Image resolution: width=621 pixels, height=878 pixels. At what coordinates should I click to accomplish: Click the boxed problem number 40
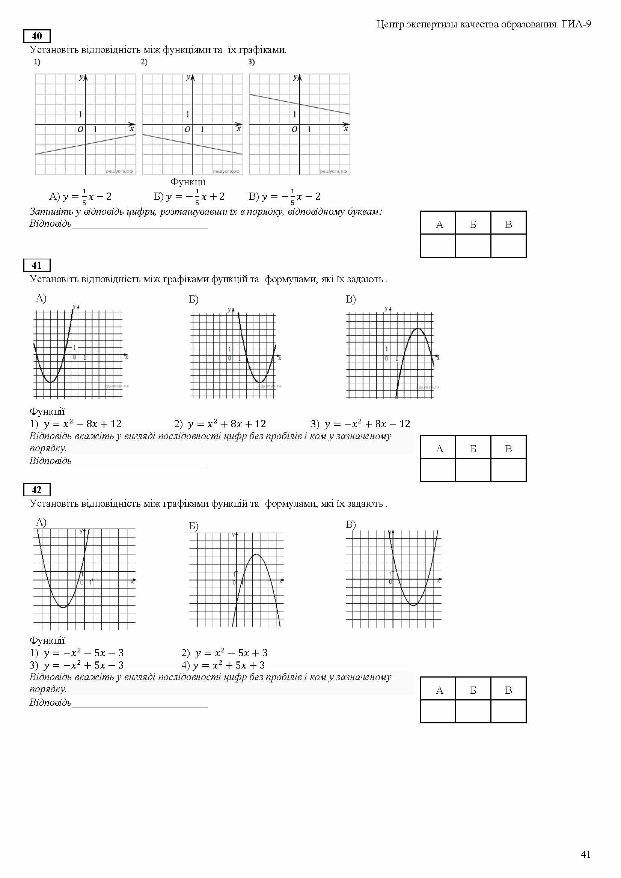coord(37,36)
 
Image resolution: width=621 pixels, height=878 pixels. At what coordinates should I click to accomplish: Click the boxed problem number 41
coord(37,265)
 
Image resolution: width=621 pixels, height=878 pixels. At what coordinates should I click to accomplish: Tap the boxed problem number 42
coord(37,490)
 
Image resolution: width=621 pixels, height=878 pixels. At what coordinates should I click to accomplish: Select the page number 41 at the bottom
coord(585,854)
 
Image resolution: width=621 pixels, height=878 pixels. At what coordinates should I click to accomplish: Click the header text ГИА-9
coord(576,24)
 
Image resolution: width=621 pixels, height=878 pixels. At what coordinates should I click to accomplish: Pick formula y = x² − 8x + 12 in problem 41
coord(82,424)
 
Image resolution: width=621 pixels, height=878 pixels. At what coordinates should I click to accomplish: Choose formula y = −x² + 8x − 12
coord(367,424)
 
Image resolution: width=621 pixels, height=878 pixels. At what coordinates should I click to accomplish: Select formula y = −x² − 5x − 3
coord(83,653)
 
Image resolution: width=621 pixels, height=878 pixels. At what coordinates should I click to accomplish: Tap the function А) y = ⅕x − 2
coord(81,197)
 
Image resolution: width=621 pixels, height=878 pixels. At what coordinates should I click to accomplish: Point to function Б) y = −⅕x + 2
coord(190,197)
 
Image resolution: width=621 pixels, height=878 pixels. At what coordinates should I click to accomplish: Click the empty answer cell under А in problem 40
coord(438,245)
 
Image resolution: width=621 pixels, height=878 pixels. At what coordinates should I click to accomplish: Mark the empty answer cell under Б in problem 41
coord(473,470)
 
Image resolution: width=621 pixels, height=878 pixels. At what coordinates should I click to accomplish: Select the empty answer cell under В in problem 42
coord(508,711)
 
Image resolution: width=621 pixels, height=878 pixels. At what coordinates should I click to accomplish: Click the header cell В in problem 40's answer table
coord(508,224)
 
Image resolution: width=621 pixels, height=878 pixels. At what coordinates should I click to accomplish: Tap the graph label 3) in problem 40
coord(251,62)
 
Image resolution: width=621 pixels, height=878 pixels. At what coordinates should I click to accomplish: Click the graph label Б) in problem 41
coord(194,300)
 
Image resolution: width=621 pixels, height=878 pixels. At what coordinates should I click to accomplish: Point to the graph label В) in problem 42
coord(351,524)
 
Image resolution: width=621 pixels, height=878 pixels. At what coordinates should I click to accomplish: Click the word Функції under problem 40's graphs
coord(188,182)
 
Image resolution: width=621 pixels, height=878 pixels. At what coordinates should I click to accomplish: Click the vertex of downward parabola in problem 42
coord(256,554)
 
